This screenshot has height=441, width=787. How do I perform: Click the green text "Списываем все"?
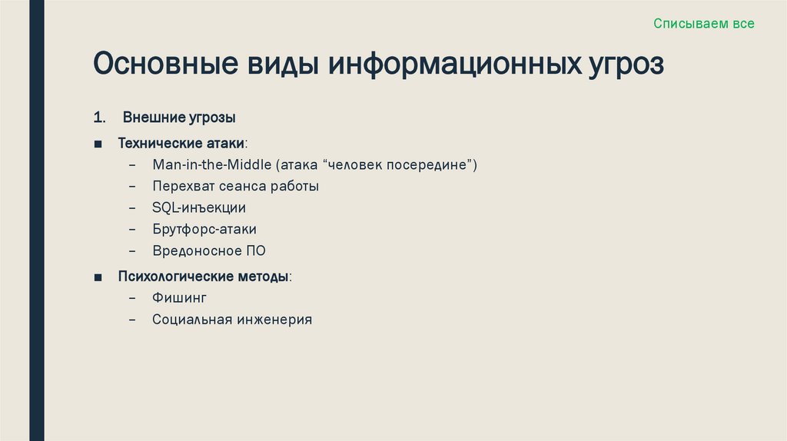704,24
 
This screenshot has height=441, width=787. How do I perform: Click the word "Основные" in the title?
163,65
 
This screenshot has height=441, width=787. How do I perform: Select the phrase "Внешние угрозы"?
179,118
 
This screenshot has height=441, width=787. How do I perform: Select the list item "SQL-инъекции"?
199,207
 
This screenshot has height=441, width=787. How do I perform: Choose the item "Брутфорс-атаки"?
204,229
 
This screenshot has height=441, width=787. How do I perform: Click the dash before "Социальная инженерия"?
134,320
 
